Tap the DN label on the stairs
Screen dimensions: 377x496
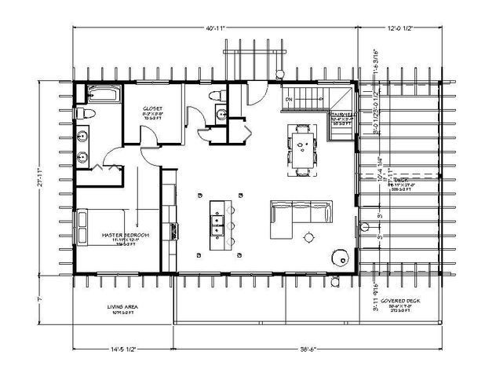point(289,99)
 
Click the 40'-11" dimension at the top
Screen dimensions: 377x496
point(216,28)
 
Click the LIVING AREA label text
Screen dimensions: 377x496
point(123,305)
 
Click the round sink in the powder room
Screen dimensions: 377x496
point(221,115)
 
